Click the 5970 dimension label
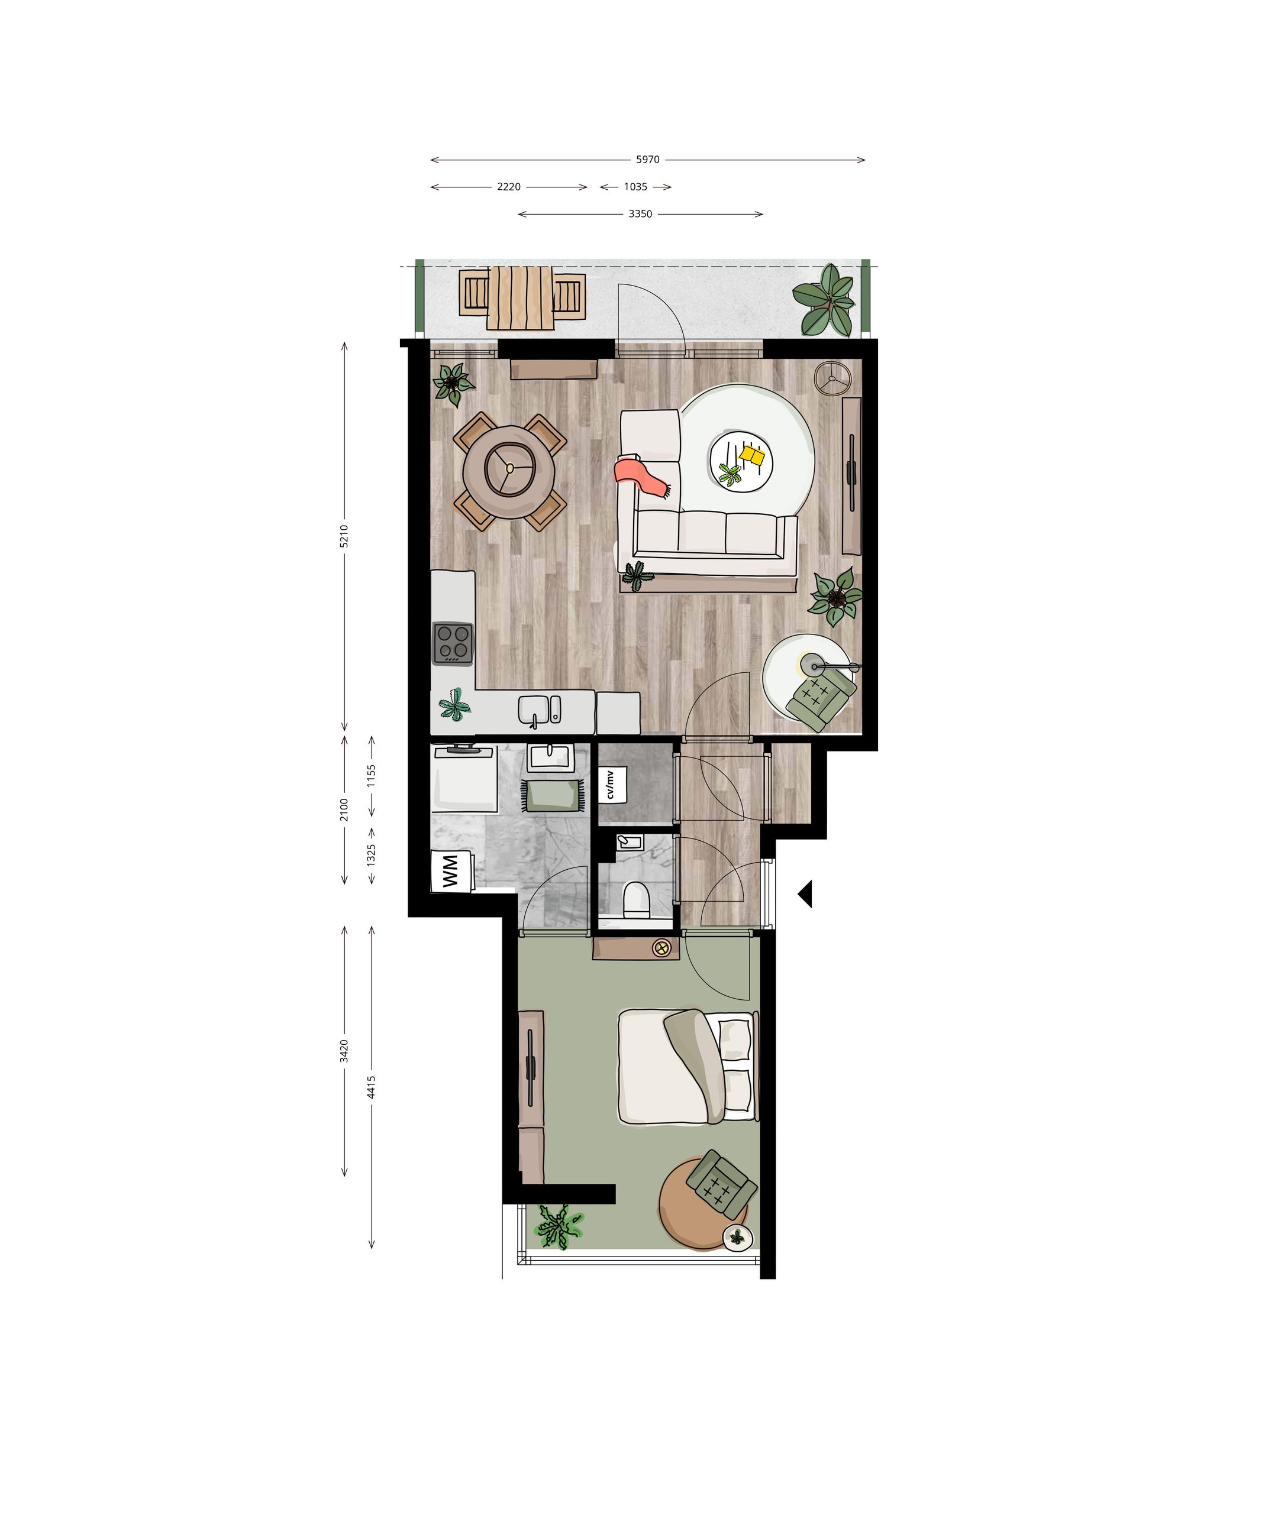(x=647, y=160)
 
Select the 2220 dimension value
(x=509, y=187)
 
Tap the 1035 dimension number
(x=635, y=187)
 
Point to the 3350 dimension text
(x=640, y=214)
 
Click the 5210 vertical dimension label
(x=344, y=536)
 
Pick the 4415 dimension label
(x=372, y=1087)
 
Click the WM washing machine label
(x=450, y=871)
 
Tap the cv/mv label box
(x=612, y=784)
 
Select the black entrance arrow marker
(x=805, y=893)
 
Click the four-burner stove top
(x=453, y=643)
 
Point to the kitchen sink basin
(x=534, y=709)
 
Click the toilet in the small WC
(x=637, y=899)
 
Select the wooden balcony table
(x=522, y=297)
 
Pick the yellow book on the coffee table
(x=752, y=455)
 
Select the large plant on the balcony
(x=825, y=300)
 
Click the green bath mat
(x=552, y=795)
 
